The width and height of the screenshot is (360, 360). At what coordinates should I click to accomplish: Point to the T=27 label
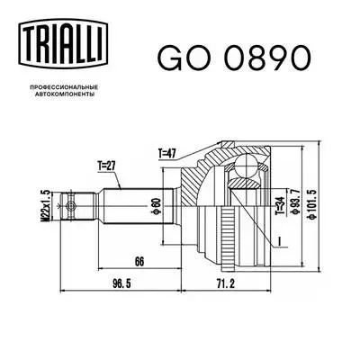pyautogui.click(x=108, y=164)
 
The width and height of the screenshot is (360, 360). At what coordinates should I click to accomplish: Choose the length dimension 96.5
pyautogui.click(x=118, y=283)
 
